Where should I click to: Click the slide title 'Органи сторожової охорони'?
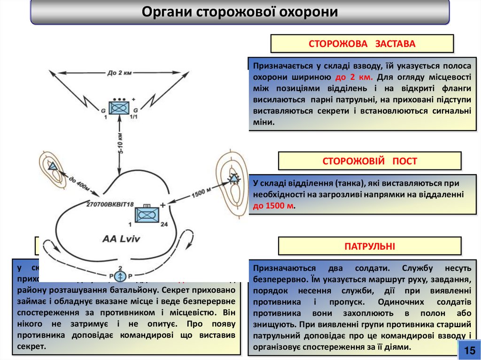pyautogui.click(x=240, y=12)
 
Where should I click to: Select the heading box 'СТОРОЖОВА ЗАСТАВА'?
pyautogui.click(x=362, y=44)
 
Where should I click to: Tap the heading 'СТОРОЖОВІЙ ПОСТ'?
pyautogui.click(x=370, y=161)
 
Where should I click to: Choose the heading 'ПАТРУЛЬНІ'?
pyautogui.click(x=370, y=246)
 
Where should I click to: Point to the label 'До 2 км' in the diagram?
pyautogui.click(x=118, y=73)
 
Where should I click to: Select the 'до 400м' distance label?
pyautogui.click(x=80, y=181)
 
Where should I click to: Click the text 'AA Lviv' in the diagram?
pyautogui.click(x=121, y=238)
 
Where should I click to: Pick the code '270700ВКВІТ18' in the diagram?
pyautogui.click(x=110, y=204)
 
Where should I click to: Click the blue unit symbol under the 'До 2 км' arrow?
pyautogui.click(x=119, y=108)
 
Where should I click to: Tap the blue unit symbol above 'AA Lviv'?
pyautogui.click(x=147, y=215)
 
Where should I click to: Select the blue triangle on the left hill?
pyautogui.click(x=52, y=166)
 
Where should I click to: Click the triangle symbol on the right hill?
pyautogui.click(x=233, y=177)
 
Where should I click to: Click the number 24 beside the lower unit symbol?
pyautogui.click(x=164, y=225)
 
